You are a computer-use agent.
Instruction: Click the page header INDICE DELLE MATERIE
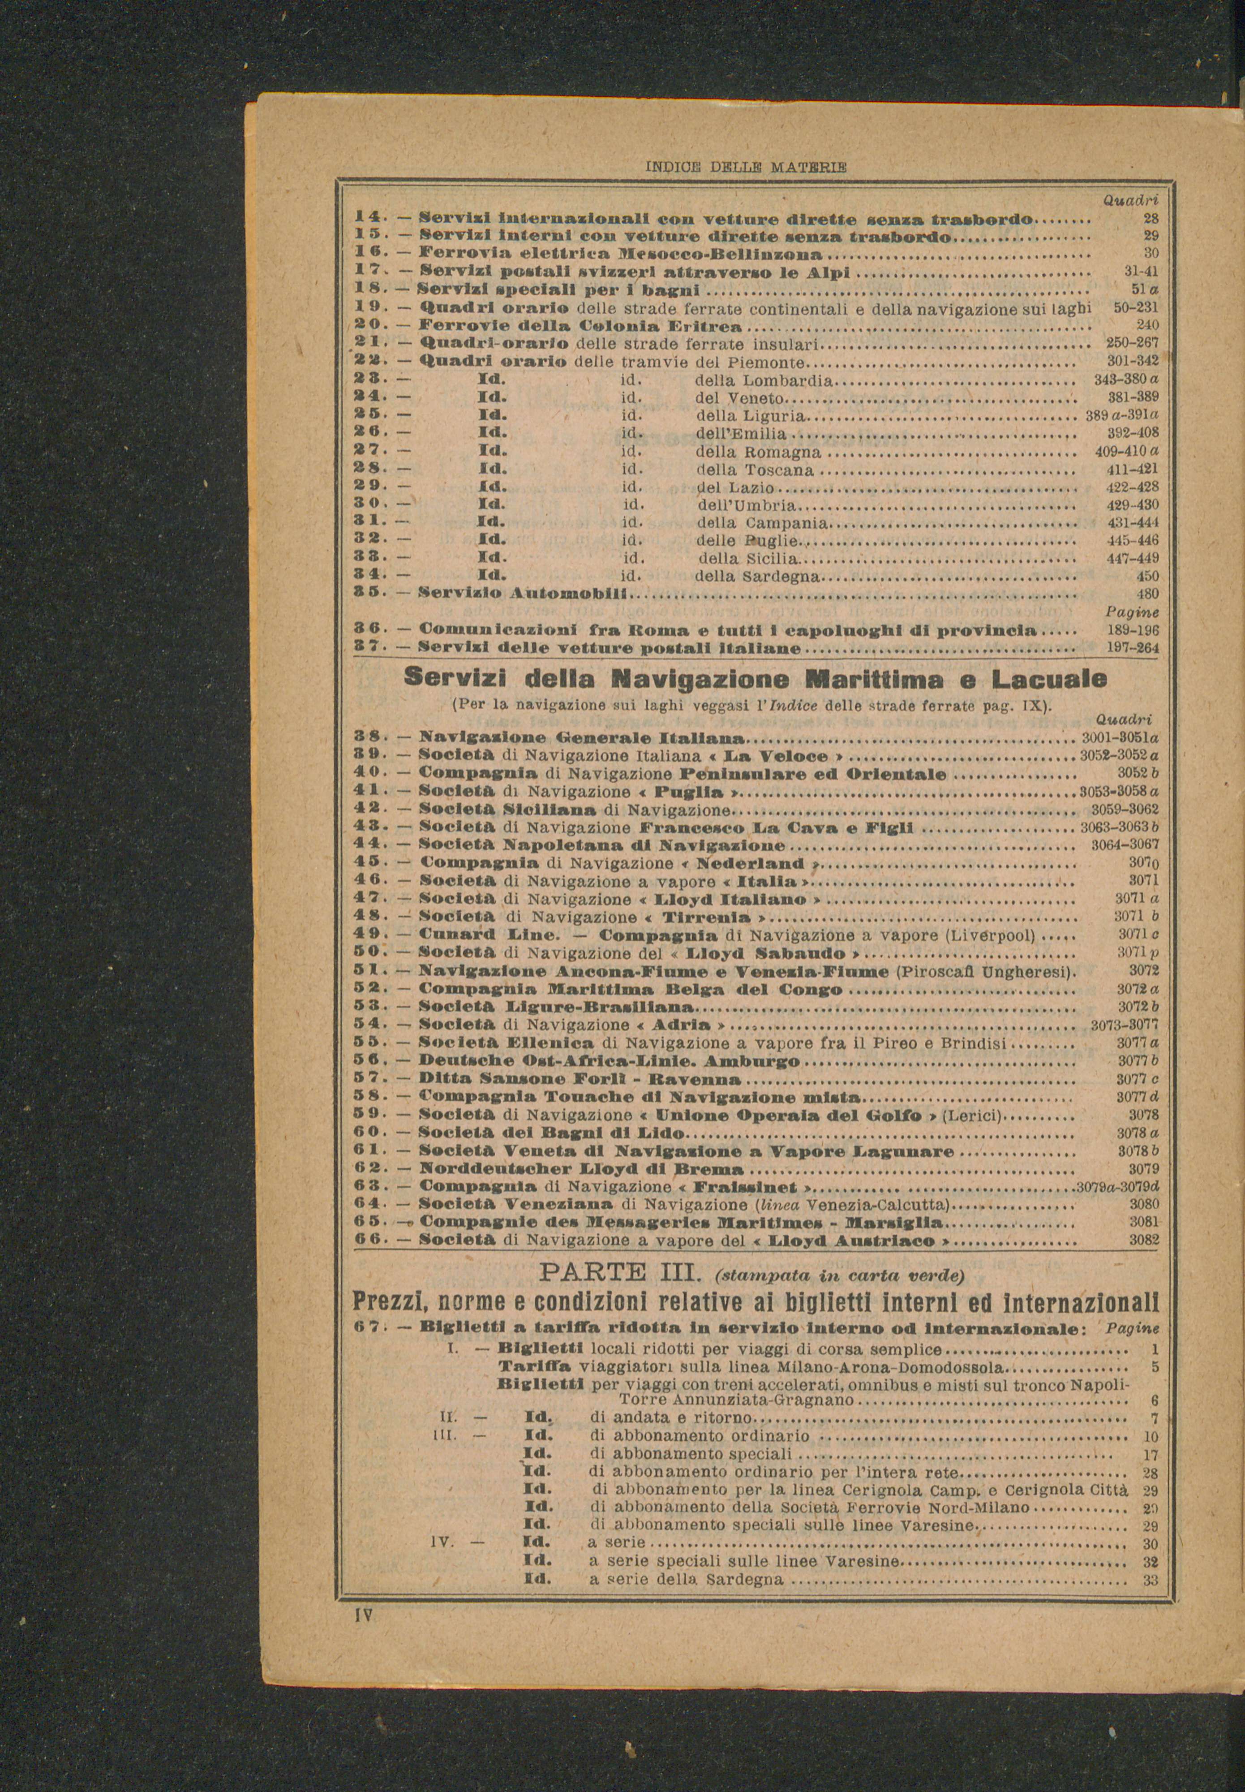pyautogui.click(x=747, y=166)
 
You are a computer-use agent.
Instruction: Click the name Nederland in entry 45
pyautogui.click(x=751, y=864)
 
